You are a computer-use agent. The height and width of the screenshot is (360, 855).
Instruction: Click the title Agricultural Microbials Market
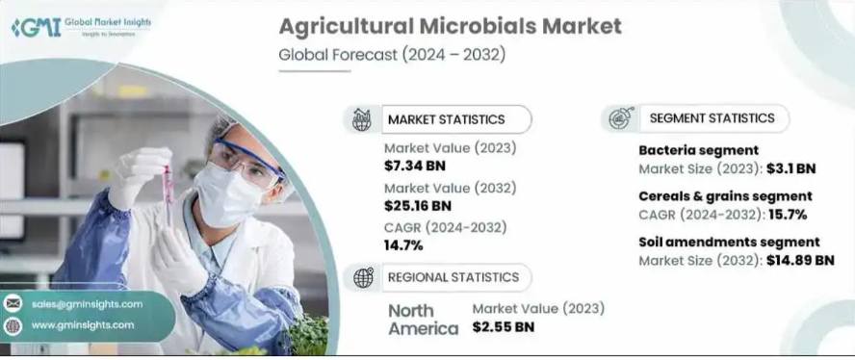pyautogui.click(x=450, y=27)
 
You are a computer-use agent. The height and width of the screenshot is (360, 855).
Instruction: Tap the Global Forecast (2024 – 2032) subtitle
pyautogui.click(x=392, y=55)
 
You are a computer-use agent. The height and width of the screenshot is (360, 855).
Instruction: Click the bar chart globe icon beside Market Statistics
pyautogui.click(x=361, y=119)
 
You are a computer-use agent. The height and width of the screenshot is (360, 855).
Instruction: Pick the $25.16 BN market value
pyautogui.click(x=418, y=205)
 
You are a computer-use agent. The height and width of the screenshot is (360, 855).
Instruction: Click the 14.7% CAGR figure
pyautogui.click(x=403, y=245)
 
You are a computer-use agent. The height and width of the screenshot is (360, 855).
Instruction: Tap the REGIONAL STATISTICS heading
pyautogui.click(x=453, y=277)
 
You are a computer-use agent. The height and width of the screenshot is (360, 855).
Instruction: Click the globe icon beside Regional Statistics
pyautogui.click(x=363, y=277)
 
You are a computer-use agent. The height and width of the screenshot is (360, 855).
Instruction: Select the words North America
pyautogui.click(x=423, y=320)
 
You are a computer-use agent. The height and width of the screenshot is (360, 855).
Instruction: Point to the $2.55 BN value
pyautogui.click(x=504, y=326)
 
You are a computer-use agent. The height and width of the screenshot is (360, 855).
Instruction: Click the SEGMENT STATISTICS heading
pyautogui.click(x=712, y=117)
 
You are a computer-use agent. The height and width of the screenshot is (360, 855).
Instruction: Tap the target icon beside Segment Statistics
pyautogui.click(x=621, y=118)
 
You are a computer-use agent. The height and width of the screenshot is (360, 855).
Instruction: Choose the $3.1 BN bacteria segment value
pyautogui.click(x=791, y=168)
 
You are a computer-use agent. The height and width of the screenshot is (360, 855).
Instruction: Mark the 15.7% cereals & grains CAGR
pyautogui.click(x=788, y=215)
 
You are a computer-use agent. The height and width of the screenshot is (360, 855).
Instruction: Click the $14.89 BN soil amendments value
pyautogui.click(x=800, y=260)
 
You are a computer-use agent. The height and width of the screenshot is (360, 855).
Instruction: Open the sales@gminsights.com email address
pyautogui.click(x=88, y=304)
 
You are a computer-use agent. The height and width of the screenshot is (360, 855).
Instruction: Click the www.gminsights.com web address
pyautogui.click(x=83, y=325)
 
